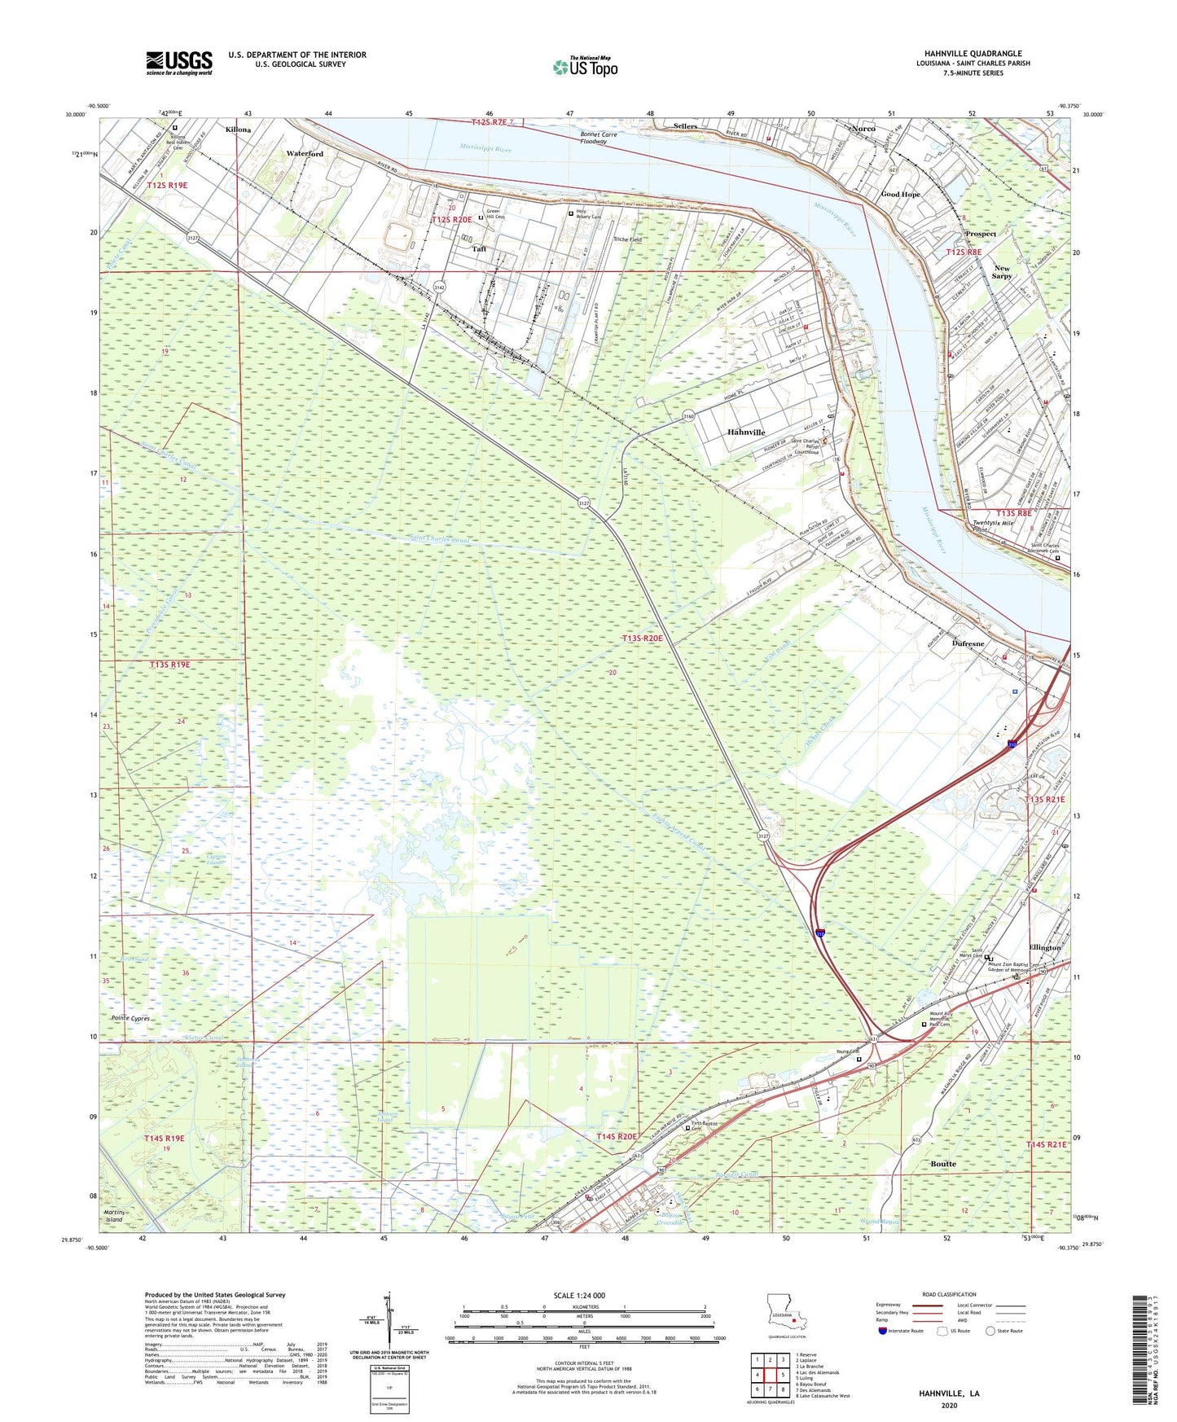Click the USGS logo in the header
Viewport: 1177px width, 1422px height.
(x=179, y=63)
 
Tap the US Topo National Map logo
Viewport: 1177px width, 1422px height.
(x=584, y=67)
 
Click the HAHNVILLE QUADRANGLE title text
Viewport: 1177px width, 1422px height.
(x=973, y=54)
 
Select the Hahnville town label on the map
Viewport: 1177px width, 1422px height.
(x=745, y=432)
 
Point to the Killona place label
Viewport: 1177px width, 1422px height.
(x=239, y=129)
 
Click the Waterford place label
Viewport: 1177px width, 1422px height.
(x=305, y=153)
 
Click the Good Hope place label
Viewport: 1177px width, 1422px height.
(x=900, y=195)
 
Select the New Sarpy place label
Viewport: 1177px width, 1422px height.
(x=1002, y=272)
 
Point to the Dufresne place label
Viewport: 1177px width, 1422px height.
(x=968, y=643)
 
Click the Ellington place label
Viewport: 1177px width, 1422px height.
(x=1044, y=947)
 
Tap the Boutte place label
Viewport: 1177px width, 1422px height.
(x=943, y=1164)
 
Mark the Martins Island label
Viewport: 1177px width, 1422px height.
(x=114, y=1216)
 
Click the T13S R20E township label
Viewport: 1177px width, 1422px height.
(x=642, y=639)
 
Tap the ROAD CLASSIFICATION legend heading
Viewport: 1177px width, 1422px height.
(x=949, y=1294)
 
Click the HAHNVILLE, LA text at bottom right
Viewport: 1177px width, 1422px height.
(x=949, y=1393)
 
